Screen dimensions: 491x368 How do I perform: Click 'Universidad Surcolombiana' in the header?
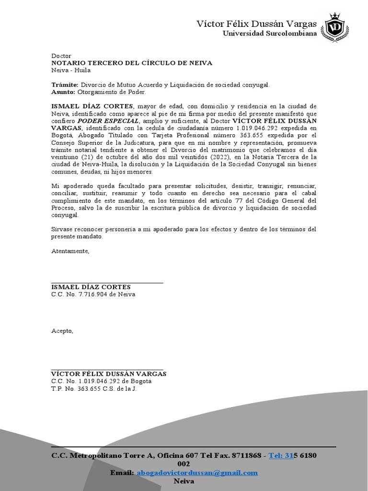[270, 34]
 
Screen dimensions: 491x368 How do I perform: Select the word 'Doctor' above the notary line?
[61, 56]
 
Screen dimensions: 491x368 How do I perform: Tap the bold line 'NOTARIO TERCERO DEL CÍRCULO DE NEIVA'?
[131, 63]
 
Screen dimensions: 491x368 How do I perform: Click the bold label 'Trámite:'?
[64, 85]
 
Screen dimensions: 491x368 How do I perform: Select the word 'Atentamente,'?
[70, 251]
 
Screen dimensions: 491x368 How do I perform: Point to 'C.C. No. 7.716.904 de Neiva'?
[93, 294]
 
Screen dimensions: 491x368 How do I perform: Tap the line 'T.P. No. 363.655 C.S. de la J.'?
[94, 388]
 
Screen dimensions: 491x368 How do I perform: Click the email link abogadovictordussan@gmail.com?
[197, 473]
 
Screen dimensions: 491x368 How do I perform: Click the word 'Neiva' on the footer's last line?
[184, 481]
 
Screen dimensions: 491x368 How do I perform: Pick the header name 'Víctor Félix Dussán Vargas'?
[257, 24]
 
